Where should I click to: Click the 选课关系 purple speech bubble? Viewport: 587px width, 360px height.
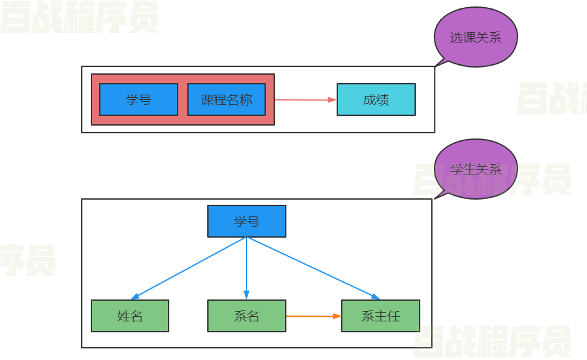[x=476, y=38]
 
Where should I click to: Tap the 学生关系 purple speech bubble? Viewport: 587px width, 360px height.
[x=476, y=169]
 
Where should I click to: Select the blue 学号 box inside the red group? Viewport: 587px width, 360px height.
[x=138, y=100]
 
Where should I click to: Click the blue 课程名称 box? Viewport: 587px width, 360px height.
[x=226, y=100]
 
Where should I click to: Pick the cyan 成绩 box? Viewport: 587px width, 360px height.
[x=376, y=100]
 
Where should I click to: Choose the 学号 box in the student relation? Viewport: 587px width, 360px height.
[x=247, y=222]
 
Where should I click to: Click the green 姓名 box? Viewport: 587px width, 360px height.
[x=130, y=316]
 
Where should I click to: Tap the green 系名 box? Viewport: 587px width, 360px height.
[x=247, y=316]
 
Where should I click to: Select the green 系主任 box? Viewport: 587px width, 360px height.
[x=380, y=316]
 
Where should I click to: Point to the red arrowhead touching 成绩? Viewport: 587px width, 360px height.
[x=333, y=100]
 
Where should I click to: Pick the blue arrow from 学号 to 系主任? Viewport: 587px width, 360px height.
[x=312, y=268]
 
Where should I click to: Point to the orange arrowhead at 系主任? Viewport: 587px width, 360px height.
[x=337, y=316]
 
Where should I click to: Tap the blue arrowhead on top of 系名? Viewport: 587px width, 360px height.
[x=247, y=296]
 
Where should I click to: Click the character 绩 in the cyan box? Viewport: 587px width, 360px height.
[x=382, y=100]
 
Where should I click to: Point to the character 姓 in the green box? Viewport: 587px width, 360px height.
[x=124, y=316]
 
